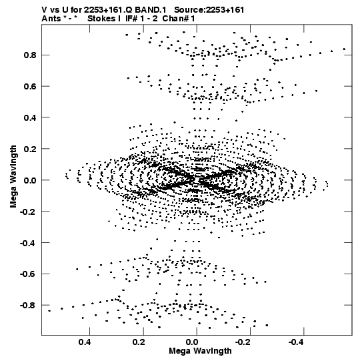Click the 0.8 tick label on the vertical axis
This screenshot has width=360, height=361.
coord(30,55)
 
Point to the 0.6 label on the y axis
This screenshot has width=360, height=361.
coord(30,86)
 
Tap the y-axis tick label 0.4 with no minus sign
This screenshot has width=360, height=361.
coord(30,117)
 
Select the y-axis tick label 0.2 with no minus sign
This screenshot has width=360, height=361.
coord(30,149)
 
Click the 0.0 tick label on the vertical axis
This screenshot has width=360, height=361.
coord(30,180)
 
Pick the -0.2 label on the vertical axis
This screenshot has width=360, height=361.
coord(28,212)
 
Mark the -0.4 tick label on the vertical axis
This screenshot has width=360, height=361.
coord(28,243)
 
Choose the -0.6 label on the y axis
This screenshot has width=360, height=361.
coord(28,274)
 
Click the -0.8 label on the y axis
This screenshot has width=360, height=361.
coord(28,306)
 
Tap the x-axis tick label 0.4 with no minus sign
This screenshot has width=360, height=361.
coord(85,342)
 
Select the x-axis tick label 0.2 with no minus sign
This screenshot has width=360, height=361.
coord(139,342)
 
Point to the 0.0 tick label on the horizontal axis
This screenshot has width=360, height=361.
coord(193,342)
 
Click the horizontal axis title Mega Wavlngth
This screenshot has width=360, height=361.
coord(200,351)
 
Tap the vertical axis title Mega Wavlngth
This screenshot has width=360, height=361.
coord(13,177)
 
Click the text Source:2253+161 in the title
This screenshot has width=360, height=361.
coord(209,10)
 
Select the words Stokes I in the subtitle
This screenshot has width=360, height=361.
coord(104,19)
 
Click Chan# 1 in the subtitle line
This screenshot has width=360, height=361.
coord(179,19)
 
